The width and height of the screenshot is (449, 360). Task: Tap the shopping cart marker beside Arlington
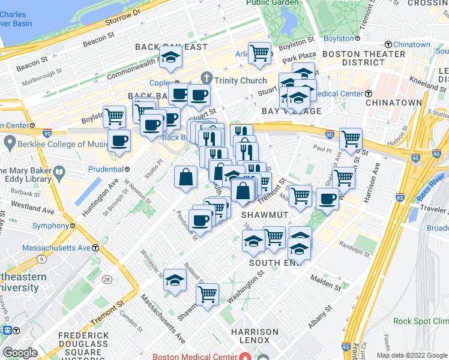tap(259, 53)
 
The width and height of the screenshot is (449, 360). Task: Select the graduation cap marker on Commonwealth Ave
tap(171, 58)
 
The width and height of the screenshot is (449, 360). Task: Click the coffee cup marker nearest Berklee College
tap(119, 142)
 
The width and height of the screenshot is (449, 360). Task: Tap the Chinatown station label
tap(412, 45)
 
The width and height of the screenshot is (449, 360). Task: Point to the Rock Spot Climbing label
tap(420, 321)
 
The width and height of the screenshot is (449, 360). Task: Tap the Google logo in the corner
tap(20, 353)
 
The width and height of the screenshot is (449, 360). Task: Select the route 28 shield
tap(107, 280)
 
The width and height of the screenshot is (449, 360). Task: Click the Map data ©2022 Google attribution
tap(411, 355)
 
